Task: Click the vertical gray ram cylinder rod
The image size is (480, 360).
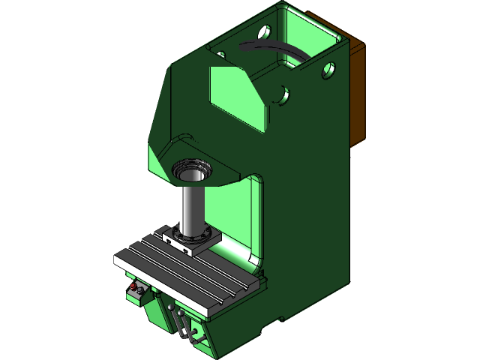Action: (x=192, y=210)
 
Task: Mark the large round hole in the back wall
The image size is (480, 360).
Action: (x=264, y=33)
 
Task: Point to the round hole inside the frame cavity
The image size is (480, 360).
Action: (x=280, y=95)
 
